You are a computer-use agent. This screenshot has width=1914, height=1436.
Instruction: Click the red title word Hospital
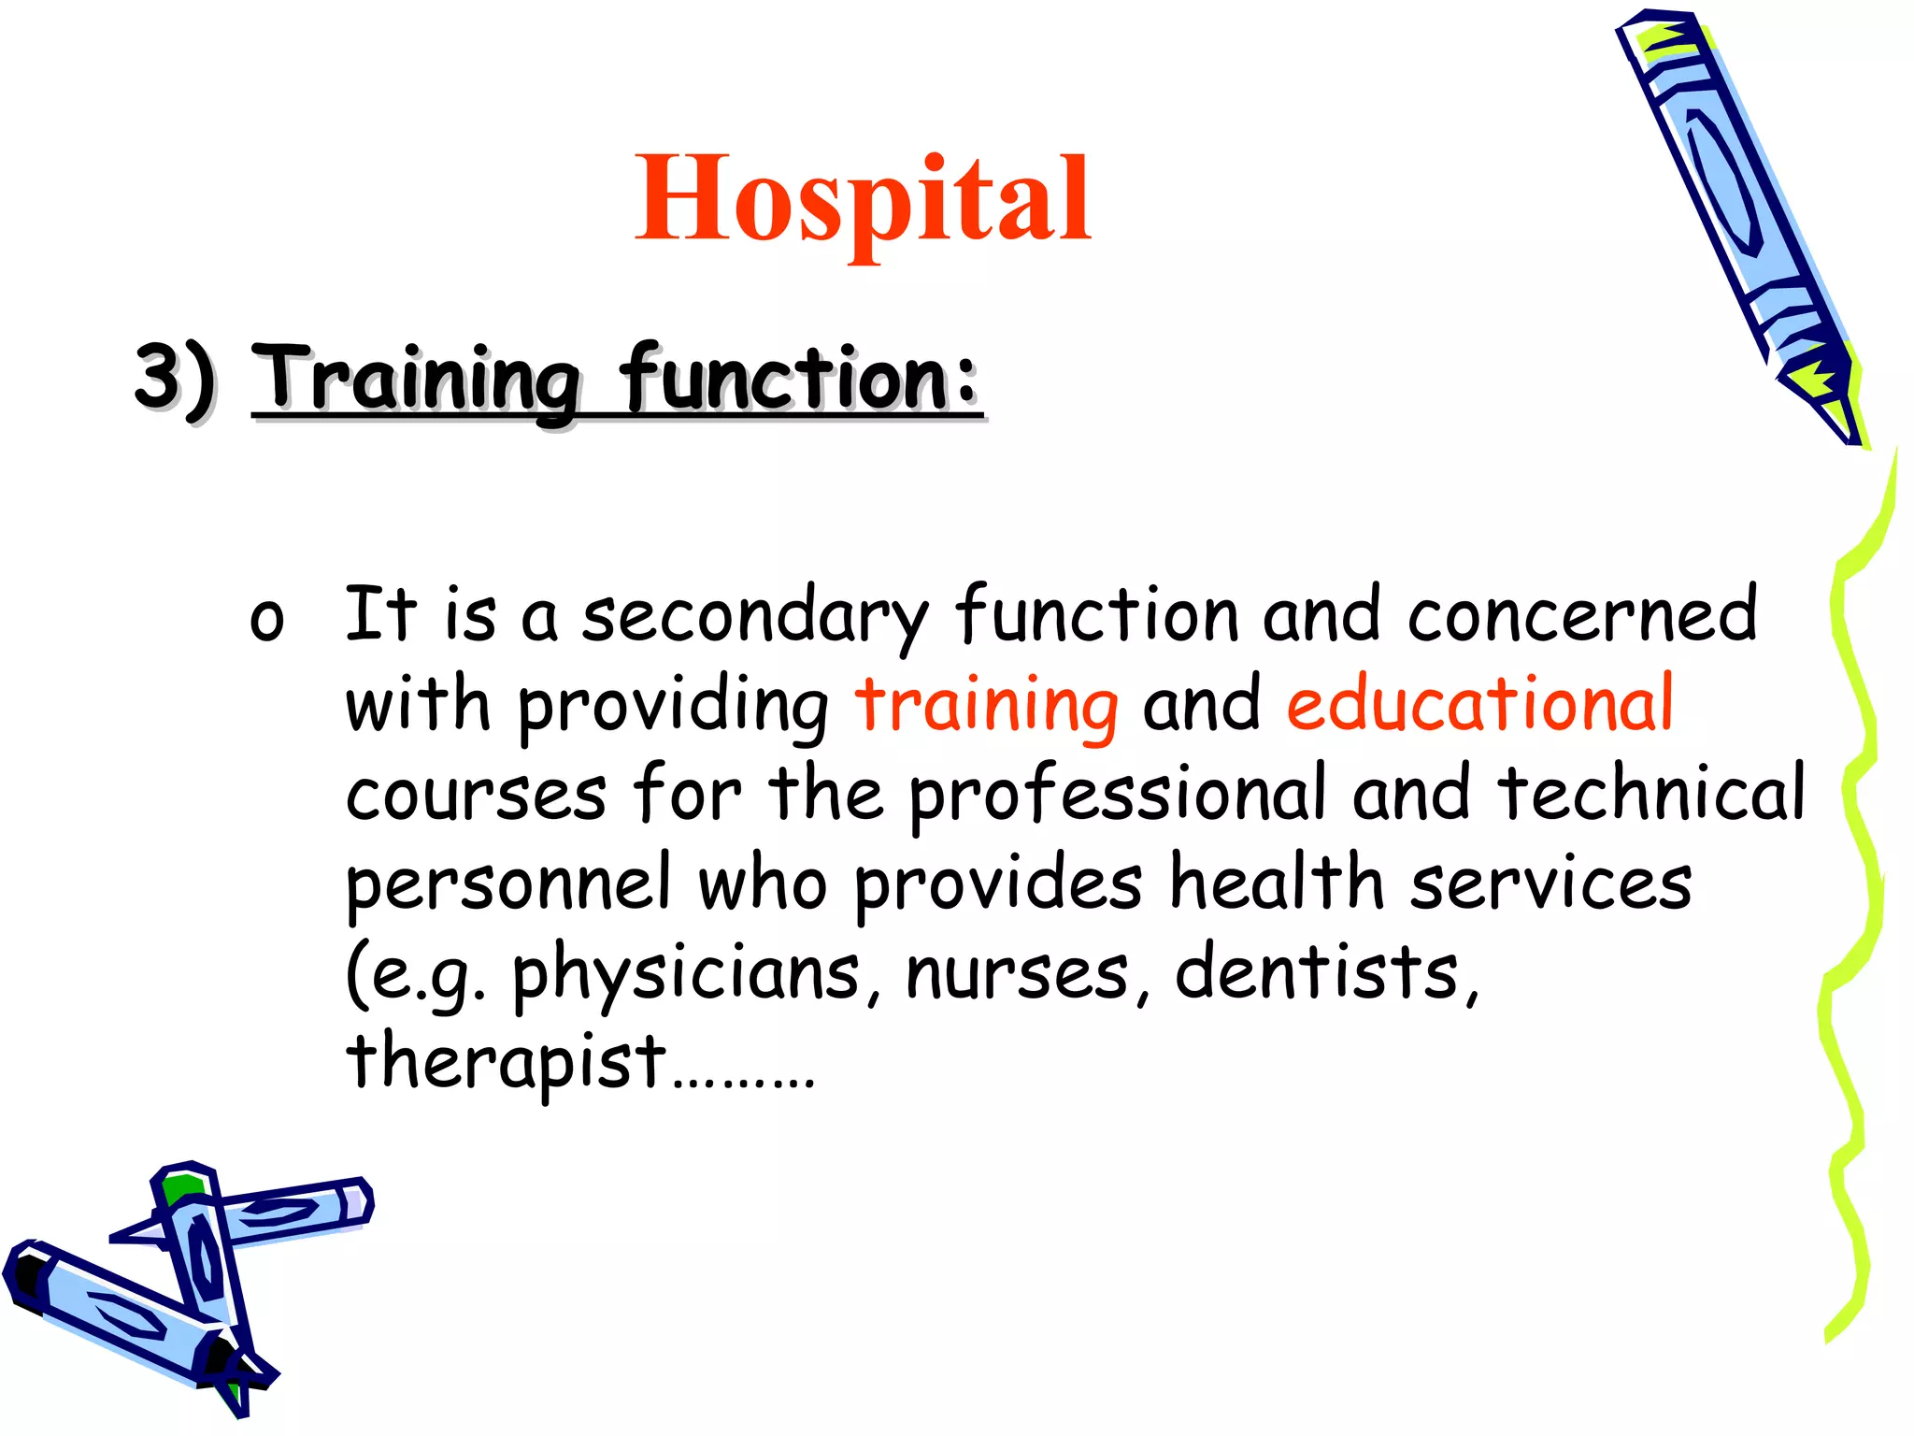pyautogui.click(x=862, y=198)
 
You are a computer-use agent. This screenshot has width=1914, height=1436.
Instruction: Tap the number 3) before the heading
pyautogui.click(x=176, y=379)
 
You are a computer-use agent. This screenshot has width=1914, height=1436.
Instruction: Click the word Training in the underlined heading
pyautogui.click(x=417, y=379)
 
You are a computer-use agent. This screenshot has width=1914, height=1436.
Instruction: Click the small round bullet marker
pyautogui.click(x=266, y=620)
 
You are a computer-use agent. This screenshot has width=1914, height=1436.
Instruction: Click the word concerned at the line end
pyautogui.click(x=1581, y=615)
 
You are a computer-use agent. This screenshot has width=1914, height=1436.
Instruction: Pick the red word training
pyautogui.click(x=986, y=706)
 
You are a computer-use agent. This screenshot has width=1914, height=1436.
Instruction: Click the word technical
pyautogui.click(x=1650, y=793)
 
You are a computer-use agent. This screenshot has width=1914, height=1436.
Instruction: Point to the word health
pyautogui.click(x=1277, y=883)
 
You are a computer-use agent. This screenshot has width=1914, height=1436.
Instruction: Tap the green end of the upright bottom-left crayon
pyautogui.click(x=180, y=1186)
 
